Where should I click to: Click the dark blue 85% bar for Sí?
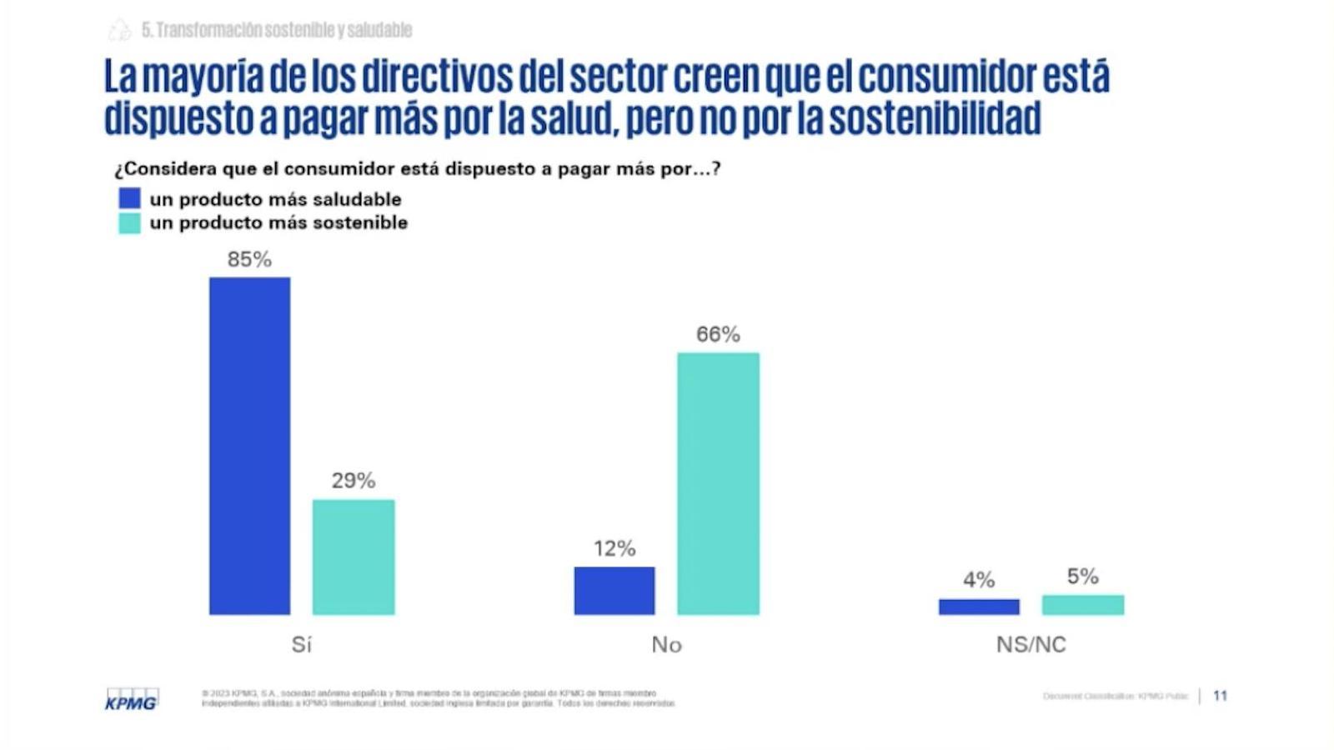click(249, 446)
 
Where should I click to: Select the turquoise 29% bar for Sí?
click(354, 557)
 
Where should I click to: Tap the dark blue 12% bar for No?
click(614, 591)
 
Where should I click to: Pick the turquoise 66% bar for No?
click(718, 483)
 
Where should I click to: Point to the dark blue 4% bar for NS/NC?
click(979, 607)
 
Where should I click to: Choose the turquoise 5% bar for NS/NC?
click(1083, 605)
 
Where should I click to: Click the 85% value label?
click(249, 260)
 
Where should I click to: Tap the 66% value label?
click(718, 334)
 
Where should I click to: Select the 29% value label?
click(354, 481)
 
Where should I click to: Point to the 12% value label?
click(614, 548)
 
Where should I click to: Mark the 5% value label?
click(1083, 576)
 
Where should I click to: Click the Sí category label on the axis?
click(301, 644)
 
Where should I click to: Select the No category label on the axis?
click(666, 644)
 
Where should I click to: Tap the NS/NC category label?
click(1031, 644)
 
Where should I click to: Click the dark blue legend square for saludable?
click(129, 198)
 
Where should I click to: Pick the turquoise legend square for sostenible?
click(129, 222)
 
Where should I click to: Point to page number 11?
click(1220, 696)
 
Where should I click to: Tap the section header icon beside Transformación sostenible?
click(120, 30)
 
